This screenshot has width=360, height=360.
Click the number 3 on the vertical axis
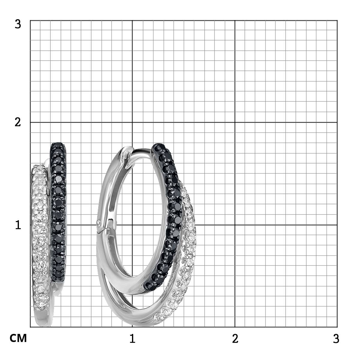(18, 25)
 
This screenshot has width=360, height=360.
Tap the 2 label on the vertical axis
(18, 123)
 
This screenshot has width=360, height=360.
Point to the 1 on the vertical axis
(18, 225)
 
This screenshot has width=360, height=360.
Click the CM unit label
(18, 338)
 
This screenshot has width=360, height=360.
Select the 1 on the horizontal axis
(133, 338)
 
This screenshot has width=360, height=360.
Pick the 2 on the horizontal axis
(235, 338)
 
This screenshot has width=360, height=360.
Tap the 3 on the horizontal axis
(336, 338)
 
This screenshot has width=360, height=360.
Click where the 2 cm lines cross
(235, 122)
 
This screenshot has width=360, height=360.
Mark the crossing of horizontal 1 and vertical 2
(235, 225)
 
